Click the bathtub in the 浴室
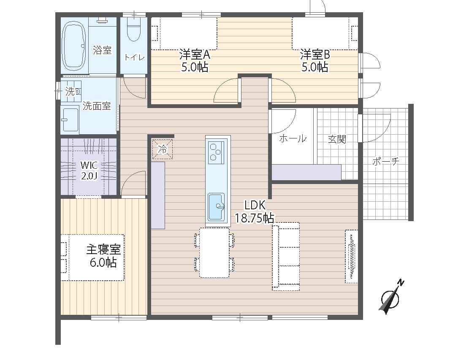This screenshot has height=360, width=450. click(74, 46)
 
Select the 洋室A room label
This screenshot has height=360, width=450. click(195, 54)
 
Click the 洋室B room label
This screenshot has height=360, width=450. click(315, 54)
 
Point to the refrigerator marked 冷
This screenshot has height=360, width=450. click(163, 149)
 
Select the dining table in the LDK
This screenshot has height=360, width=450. click(214, 252)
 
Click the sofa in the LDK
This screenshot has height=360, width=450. click(286, 256)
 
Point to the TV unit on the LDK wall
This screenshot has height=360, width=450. click(352, 257)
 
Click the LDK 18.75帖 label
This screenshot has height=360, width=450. click(255, 212)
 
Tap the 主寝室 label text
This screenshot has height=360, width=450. click(103, 249)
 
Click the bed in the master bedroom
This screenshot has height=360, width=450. click(93, 257)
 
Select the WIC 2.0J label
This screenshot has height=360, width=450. click(89, 171)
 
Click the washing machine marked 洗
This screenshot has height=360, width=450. click(71, 92)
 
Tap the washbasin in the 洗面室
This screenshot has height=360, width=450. click(70, 119)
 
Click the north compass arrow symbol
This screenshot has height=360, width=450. click(391, 296)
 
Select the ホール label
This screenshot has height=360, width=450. click(293, 139)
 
